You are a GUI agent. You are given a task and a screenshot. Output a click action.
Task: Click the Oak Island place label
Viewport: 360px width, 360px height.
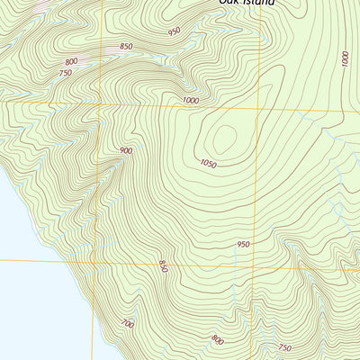[246, 4]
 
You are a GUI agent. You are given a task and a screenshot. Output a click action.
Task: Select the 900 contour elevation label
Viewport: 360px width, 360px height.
[126, 150]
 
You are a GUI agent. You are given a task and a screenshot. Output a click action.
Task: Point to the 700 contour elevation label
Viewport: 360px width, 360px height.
[127, 323]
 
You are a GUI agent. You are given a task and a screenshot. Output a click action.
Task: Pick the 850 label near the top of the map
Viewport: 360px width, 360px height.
[126, 47]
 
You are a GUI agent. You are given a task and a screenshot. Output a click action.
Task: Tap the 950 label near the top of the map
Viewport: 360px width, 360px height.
[174, 31]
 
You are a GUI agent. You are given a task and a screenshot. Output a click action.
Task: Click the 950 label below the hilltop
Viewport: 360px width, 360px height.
[243, 244]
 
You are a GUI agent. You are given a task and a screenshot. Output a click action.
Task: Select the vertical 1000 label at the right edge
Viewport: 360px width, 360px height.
[345, 59]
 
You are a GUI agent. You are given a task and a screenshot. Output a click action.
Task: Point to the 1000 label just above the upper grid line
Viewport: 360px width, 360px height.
[189, 100]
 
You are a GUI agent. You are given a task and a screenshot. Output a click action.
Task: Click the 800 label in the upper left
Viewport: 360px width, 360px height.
[71, 61]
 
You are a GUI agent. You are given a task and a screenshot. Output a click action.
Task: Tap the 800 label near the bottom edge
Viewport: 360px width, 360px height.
[217, 339]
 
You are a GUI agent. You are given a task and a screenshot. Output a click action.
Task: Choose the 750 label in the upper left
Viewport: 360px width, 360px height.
[65, 74]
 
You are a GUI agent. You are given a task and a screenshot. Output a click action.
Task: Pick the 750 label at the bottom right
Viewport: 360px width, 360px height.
[284, 347]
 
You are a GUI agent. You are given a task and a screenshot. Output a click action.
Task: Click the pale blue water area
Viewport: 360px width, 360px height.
[27, 288]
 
